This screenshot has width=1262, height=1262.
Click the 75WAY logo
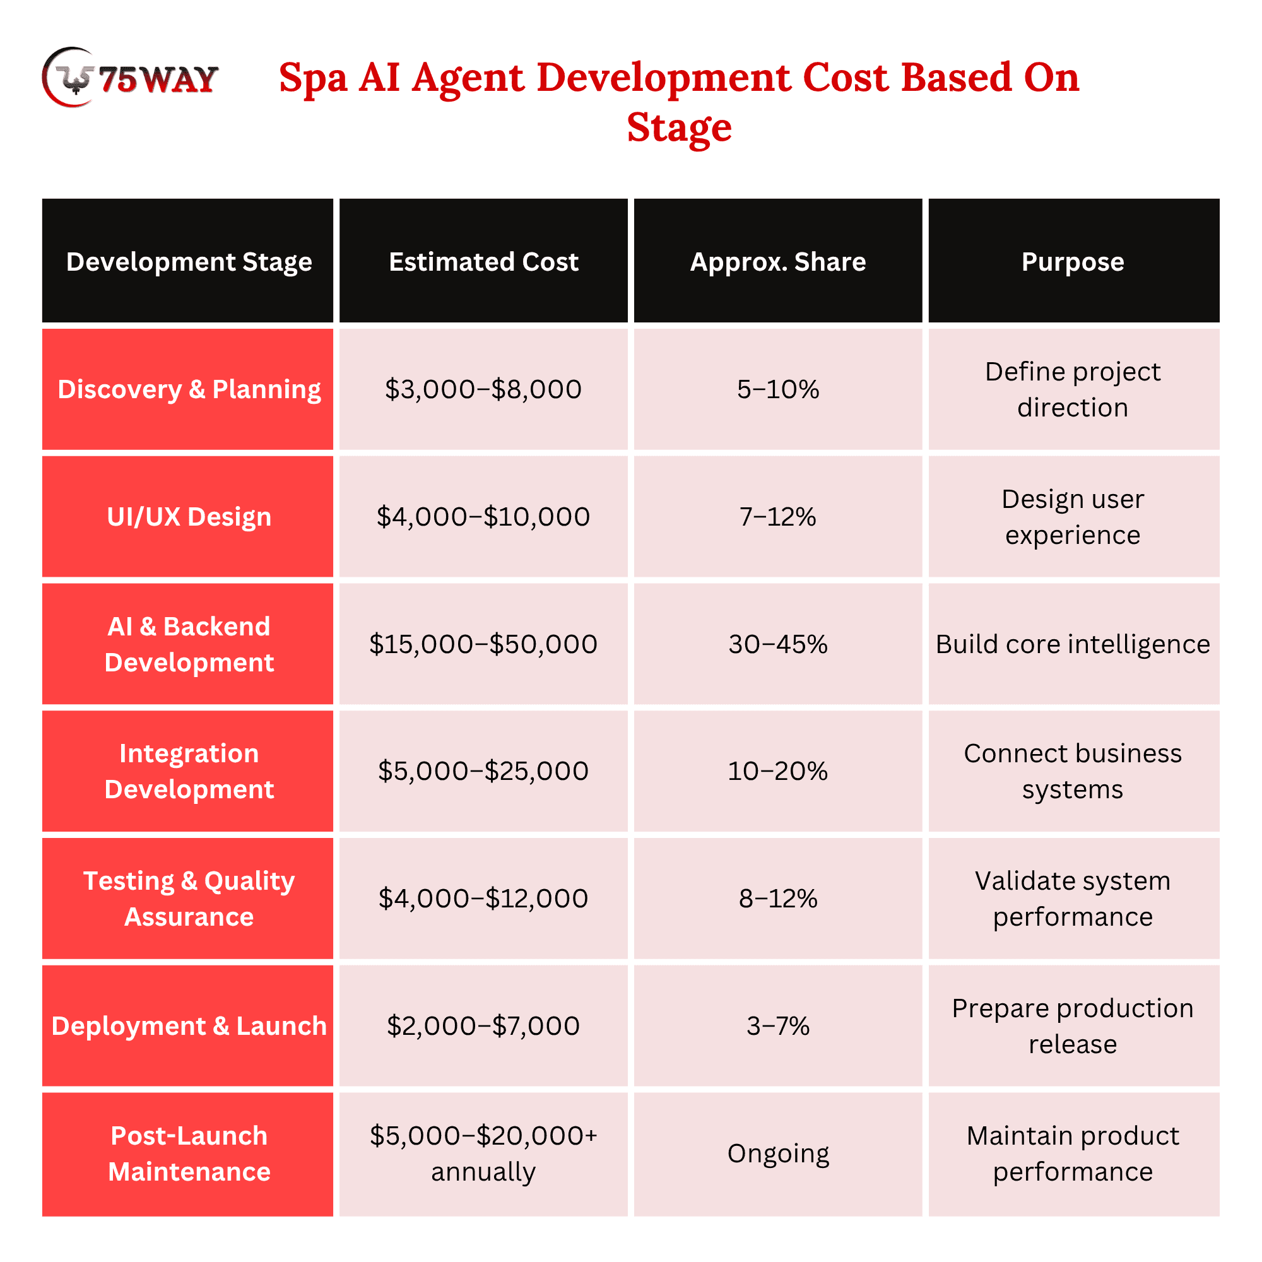click(x=130, y=77)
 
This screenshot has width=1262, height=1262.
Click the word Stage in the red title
click(x=679, y=127)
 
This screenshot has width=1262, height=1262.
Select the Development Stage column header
click(x=189, y=261)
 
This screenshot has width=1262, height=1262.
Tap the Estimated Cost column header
click(x=483, y=261)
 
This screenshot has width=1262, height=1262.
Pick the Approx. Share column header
click(x=778, y=261)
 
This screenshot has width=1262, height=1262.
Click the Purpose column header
click(x=1073, y=262)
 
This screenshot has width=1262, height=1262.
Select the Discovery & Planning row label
click(x=189, y=389)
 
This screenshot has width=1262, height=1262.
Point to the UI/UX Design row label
click(x=189, y=517)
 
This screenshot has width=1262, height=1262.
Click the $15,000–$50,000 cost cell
click(x=483, y=644)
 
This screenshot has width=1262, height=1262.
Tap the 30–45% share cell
click(x=778, y=644)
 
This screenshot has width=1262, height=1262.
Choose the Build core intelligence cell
click(x=1073, y=644)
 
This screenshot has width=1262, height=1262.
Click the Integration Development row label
click(x=189, y=772)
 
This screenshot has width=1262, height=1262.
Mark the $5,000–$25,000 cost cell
click(x=483, y=771)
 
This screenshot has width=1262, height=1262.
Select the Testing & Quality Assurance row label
click(x=189, y=899)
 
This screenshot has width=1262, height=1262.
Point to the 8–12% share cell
click(x=778, y=898)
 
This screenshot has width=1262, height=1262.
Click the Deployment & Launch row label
click(x=189, y=1026)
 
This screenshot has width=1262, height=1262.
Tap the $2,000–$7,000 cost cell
click(x=483, y=1025)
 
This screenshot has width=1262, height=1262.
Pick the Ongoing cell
click(x=778, y=1154)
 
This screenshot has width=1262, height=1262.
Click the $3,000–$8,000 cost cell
click(x=483, y=389)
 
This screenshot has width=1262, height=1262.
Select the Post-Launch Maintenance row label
click(x=189, y=1153)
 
